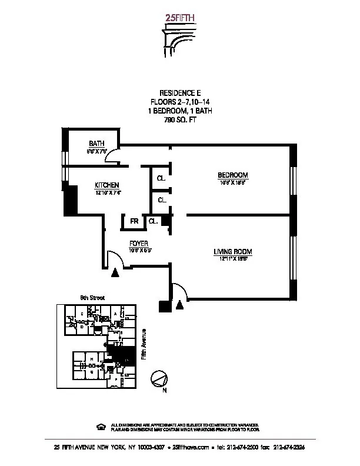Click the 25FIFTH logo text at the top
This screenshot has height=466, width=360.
pos(180,17)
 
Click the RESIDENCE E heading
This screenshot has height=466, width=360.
pos(180,93)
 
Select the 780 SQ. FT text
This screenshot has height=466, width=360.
pos(180,120)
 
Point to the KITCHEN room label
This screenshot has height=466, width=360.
pos(108,185)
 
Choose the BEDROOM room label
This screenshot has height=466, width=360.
pos(233,175)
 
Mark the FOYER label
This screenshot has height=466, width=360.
pos(139,243)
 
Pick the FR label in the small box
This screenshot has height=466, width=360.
pos(134,221)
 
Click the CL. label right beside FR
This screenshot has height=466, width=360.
pos(152,221)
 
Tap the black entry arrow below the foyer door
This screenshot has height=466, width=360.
pos(115,272)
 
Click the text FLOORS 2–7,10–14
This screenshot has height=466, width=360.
pos(180,102)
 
